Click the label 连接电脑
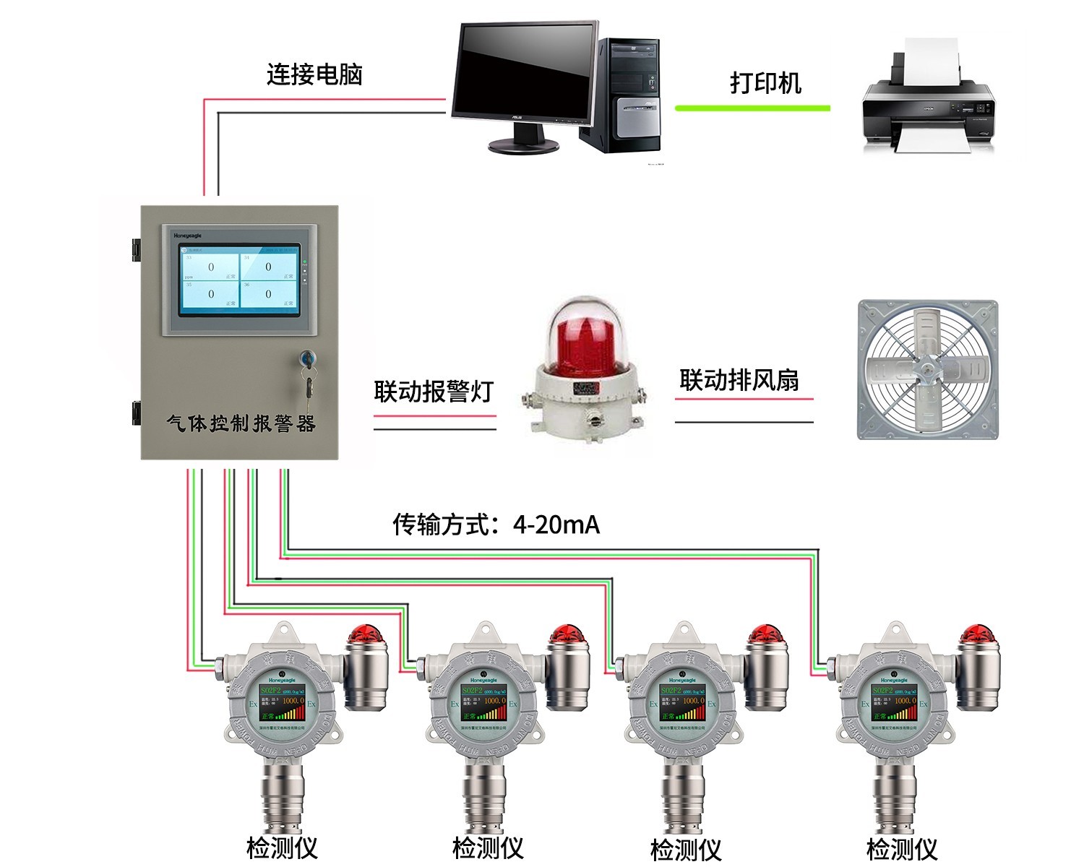tap(314, 74)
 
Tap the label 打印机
tap(765, 82)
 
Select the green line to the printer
tap(752, 108)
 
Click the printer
tap(928, 105)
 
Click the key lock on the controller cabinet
tap(306, 357)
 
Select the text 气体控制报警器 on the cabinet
tap(241, 423)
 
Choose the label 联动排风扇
tap(739, 380)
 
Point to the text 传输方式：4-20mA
tap(496, 525)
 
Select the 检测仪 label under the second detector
tap(488, 847)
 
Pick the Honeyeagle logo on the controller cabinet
tap(187, 236)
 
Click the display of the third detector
tap(682, 703)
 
